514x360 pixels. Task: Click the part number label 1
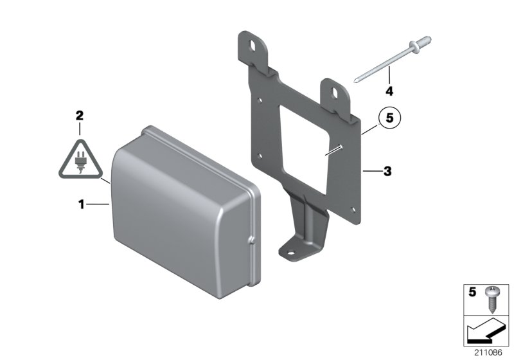82,204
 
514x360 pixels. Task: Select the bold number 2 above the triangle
80,116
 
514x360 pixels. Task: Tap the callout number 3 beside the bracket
387,172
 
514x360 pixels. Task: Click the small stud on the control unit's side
251,241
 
